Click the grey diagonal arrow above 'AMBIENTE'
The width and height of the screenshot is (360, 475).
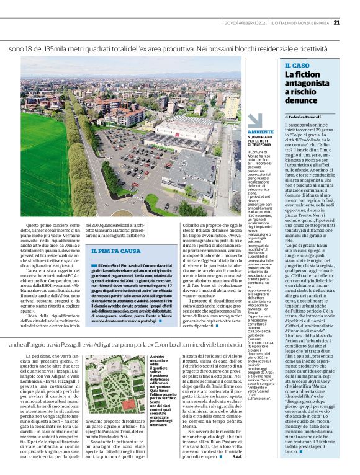click(x=254, y=122)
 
